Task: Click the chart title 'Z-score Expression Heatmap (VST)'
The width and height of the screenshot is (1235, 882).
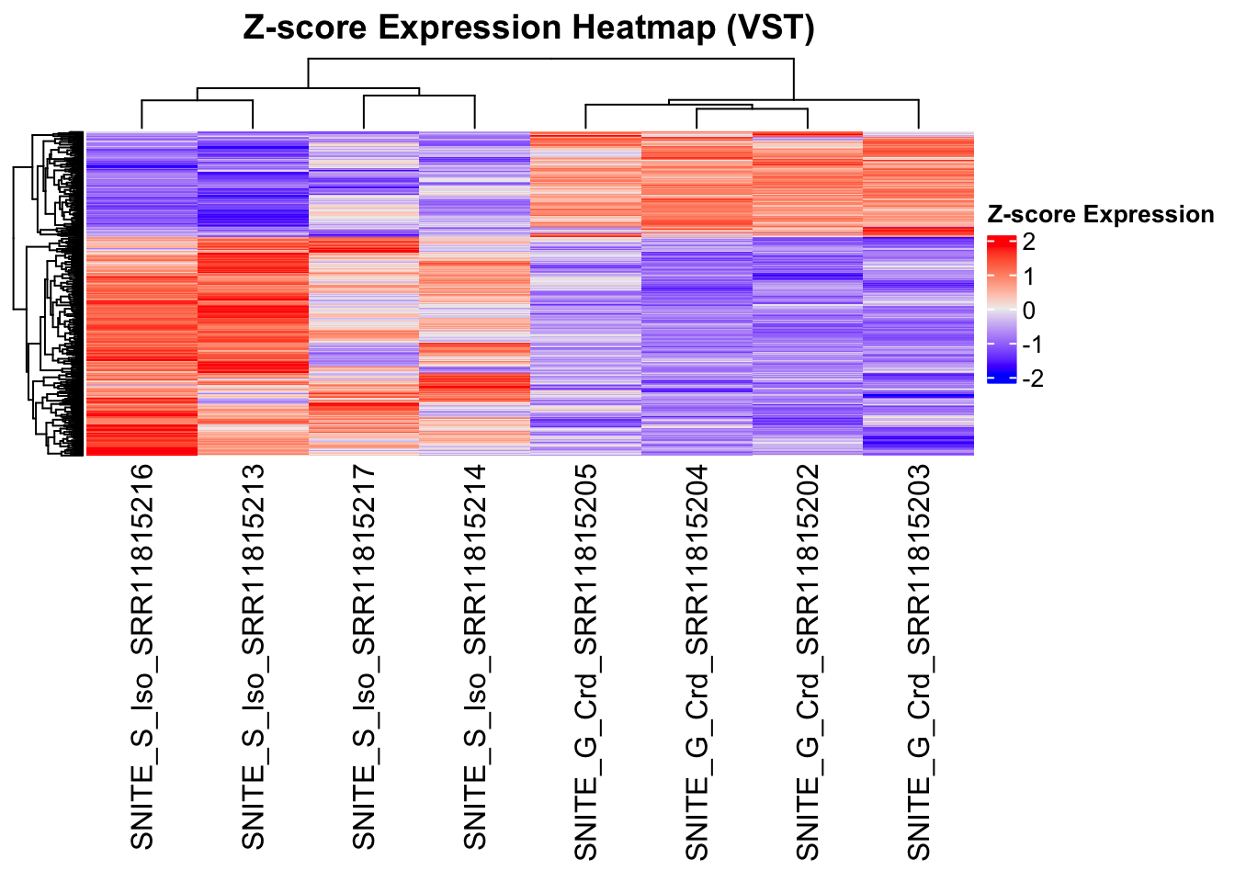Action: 528,28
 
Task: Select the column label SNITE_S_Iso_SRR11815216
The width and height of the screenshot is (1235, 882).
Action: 142,656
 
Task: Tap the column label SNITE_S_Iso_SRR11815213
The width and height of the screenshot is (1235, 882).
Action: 253,656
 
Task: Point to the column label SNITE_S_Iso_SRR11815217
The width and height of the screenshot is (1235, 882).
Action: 364,656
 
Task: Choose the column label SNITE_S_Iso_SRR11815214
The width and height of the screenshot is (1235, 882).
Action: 474,656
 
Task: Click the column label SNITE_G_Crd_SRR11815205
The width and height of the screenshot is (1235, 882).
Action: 585,661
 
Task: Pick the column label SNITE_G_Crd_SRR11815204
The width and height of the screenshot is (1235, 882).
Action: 697,661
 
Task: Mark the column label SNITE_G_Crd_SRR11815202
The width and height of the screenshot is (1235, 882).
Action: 807,661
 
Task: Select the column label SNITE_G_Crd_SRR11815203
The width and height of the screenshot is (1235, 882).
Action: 918,661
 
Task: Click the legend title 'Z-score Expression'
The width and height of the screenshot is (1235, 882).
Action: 1100,215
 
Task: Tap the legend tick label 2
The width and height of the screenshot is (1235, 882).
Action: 1028,243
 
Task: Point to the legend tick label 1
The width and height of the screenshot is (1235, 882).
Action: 1028,277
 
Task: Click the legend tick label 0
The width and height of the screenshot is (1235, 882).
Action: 1028,311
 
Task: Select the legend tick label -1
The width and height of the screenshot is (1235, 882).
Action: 1033,345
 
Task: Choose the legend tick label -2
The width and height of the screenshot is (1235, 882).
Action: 1033,379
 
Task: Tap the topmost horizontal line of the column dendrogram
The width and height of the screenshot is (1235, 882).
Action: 551,59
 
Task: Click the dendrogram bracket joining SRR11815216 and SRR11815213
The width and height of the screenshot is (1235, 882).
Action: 198,101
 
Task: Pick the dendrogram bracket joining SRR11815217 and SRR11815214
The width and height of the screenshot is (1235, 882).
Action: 419,96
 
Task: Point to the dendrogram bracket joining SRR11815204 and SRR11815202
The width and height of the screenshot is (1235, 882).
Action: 752,109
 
